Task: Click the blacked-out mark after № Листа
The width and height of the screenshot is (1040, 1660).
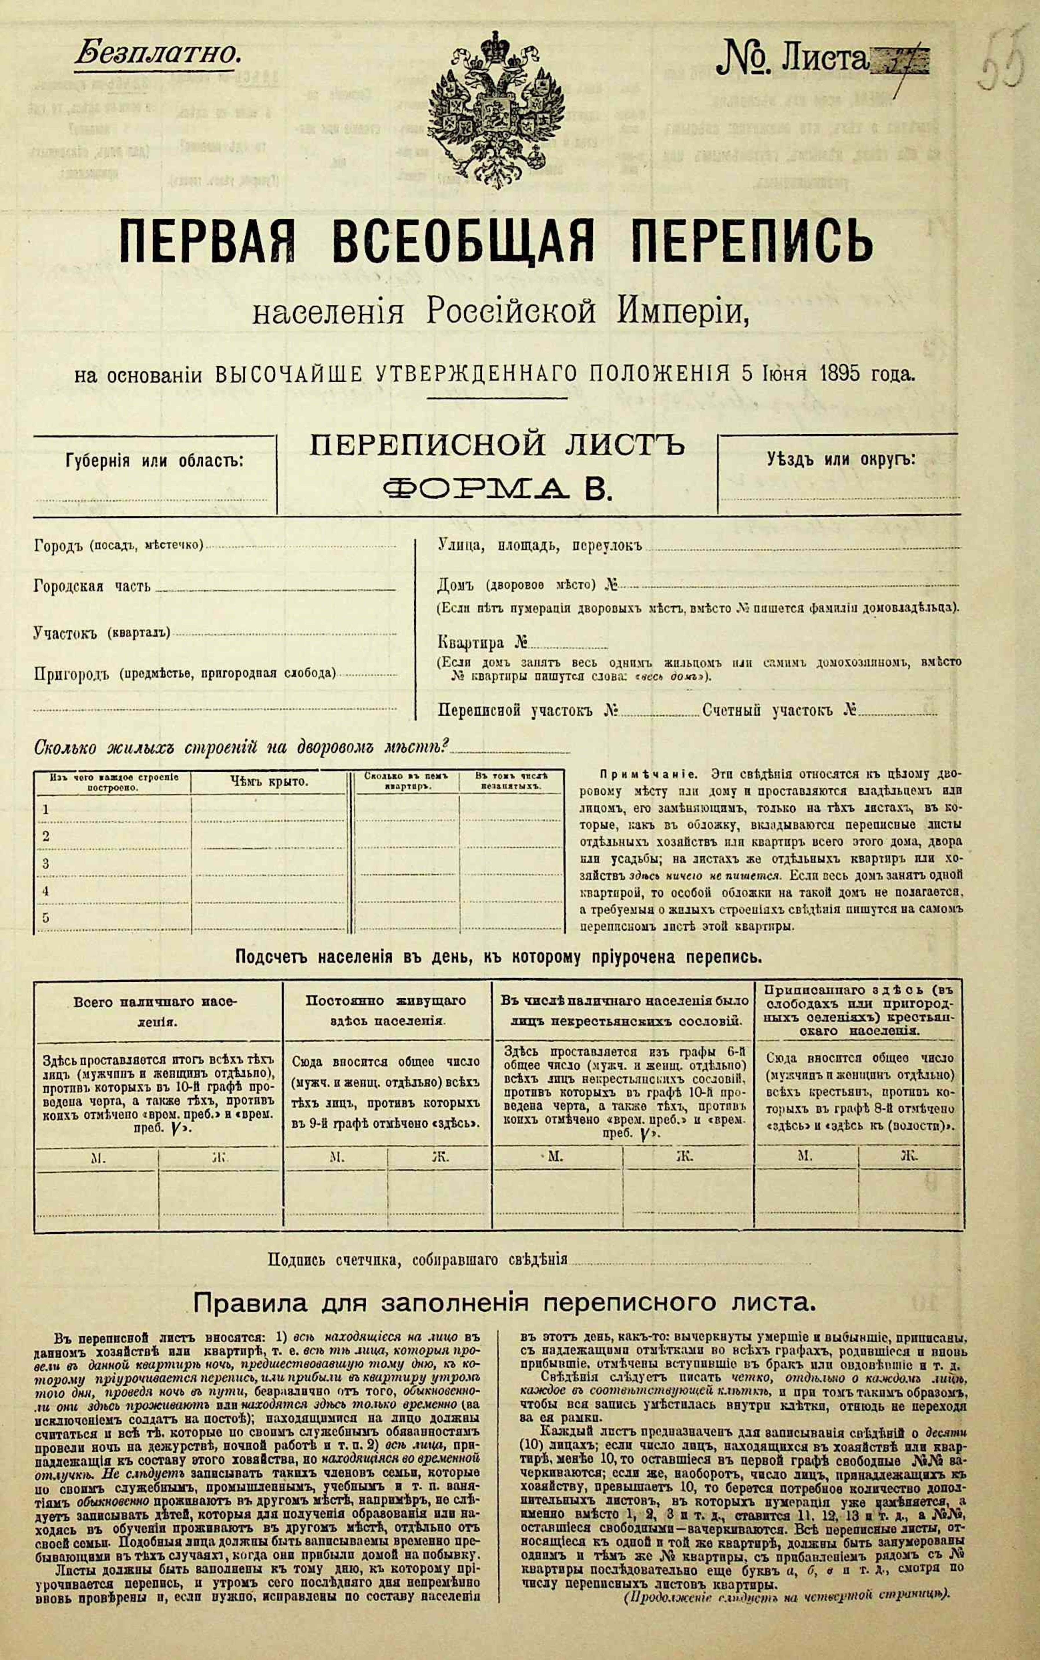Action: (x=901, y=64)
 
